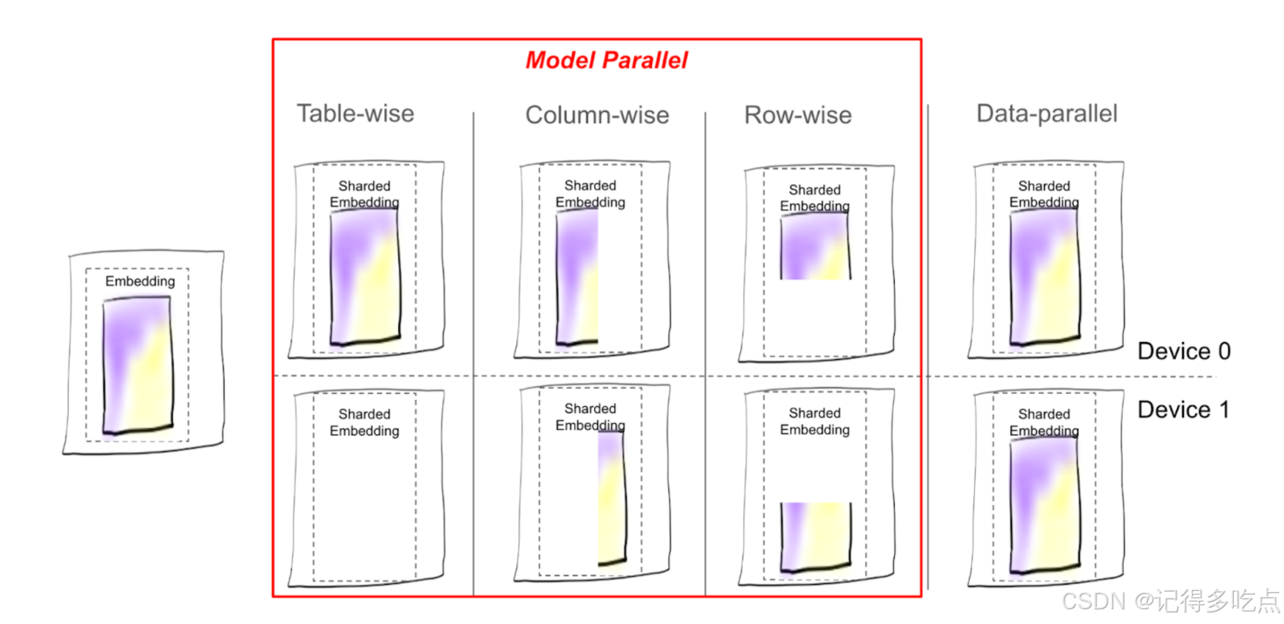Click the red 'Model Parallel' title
(606, 60)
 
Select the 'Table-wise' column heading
(355, 114)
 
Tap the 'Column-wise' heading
(597, 115)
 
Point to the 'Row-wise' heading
(798, 115)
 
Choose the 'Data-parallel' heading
(1047, 114)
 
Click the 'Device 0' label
(1184, 351)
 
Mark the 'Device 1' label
(1183, 409)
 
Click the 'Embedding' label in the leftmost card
(140, 281)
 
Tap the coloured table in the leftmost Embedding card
(138, 365)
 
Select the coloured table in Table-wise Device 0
(365, 276)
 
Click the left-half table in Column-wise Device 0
(577, 276)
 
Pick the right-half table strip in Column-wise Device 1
(611, 498)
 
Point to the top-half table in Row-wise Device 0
(815, 246)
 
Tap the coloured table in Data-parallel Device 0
(1045, 276)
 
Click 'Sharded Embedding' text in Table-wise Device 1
(365, 422)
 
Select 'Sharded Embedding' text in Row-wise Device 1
(815, 421)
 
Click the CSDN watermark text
(1170, 600)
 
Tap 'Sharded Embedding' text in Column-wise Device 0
(590, 194)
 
